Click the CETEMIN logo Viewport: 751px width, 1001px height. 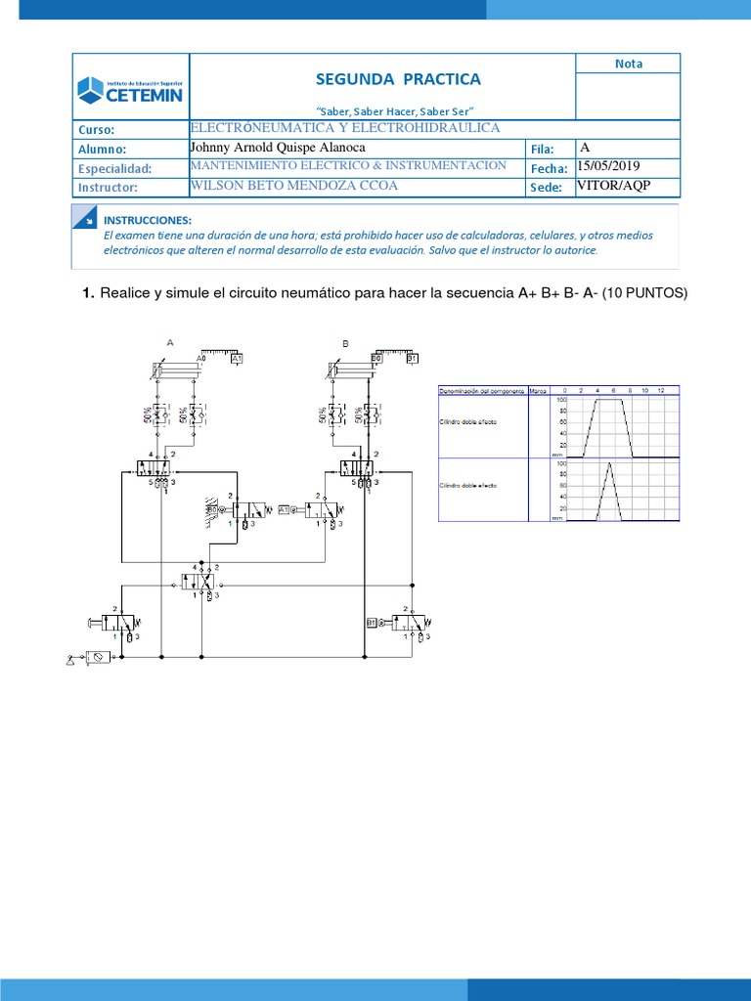pos(131,89)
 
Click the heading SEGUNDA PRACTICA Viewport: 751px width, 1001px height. pos(398,79)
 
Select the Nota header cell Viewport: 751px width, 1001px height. pos(629,64)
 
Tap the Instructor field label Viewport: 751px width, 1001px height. pos(109,187)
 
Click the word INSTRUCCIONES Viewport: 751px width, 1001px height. pos(147,221)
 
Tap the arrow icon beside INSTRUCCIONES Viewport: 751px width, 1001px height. pos(86,219)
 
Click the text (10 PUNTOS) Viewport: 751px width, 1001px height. pos(645,293)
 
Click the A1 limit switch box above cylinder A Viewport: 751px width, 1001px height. pos(236,359)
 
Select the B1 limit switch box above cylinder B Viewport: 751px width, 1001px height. pos(412,359)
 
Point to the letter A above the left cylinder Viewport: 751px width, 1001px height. pos(170,343)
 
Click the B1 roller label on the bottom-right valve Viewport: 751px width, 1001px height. pos(372,622)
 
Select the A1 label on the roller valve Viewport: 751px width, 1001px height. pos(285,510)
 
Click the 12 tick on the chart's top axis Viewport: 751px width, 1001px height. pos(661,391)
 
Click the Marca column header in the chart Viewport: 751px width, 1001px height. pos(537,391)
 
